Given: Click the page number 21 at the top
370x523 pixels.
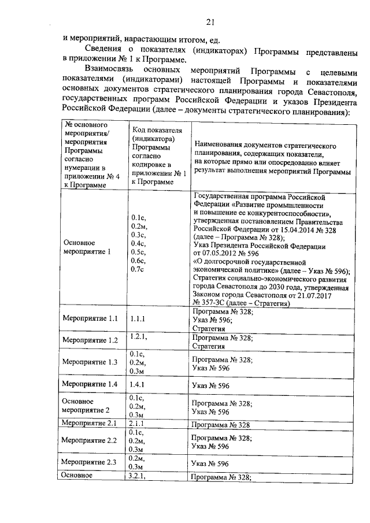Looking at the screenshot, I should pyautogui.click(x=210, y=23).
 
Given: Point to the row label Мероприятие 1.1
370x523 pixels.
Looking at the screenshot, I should pyautogui.click(x=89, y=318).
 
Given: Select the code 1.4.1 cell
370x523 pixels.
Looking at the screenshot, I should pyautogui.click(x=139, y=384).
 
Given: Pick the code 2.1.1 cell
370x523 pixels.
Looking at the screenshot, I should pyautogui.click(x=139, y=424).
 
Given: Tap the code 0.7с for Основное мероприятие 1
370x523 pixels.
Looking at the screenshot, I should pyautogui.click(x=138, y=269).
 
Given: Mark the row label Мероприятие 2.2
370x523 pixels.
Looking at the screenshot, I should pyautogui.click(x=89, y=440).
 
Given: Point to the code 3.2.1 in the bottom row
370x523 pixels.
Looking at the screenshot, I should pyautogui.click(x=140, y=476).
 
